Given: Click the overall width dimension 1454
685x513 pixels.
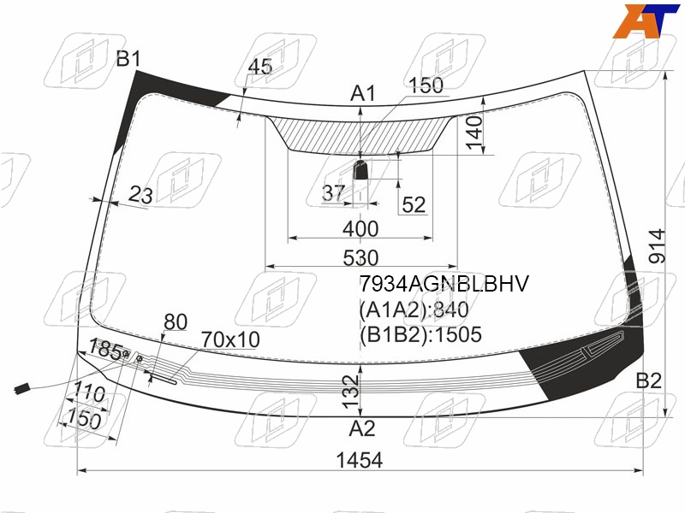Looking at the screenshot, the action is pyautogui.click(x=360, y=460).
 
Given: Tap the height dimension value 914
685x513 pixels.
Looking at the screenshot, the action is pyautogui.click(x=657, y=246).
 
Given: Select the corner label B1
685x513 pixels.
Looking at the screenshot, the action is pyautogui.click(x=128, y=58).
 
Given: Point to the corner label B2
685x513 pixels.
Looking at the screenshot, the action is pyautogui.click(x=649, y=380).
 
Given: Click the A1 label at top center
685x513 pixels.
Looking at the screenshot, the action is pyautogui.click(x=363, y=94).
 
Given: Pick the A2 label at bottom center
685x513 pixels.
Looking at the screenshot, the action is pyautogui.click(x=362, y=429).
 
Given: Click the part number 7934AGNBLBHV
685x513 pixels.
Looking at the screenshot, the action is pyautogui.click(x=444, y=284).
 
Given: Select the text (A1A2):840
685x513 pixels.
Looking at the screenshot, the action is pyautogui.click(x=414, y=310).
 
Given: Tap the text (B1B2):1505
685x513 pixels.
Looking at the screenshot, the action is pyautogui.click(x=420, y=334).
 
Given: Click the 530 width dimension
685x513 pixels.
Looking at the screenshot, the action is pyautogui.click(x=360, y=258).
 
